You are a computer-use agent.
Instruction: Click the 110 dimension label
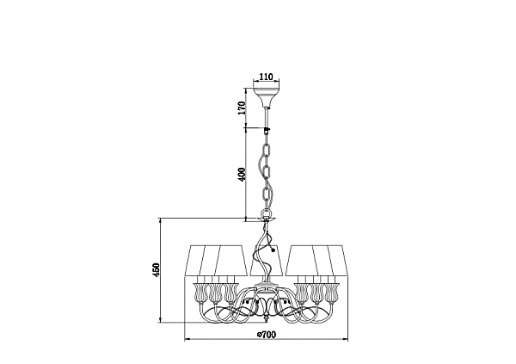tap(266, 77)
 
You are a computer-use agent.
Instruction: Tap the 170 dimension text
tap(243, 108)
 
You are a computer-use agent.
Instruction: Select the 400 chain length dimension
tap(242, 175)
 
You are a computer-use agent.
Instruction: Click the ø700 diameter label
tap(267, 335)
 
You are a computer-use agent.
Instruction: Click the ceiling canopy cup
tap(266, 97)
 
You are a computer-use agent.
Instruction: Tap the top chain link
tap(266, 152)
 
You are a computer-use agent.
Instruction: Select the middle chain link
tap(266, 172)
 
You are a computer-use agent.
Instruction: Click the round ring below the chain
tap(266, 213)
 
